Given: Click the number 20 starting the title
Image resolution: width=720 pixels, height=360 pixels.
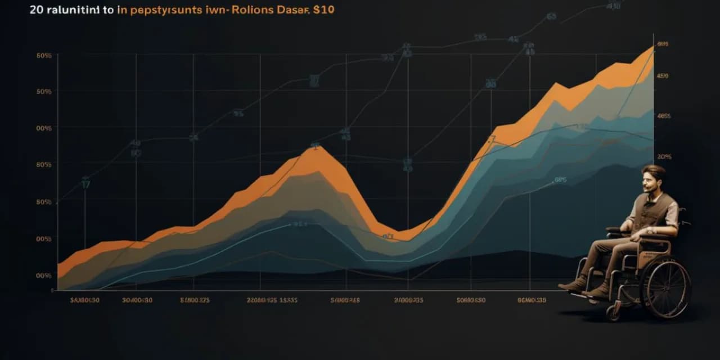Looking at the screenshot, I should point(35,11).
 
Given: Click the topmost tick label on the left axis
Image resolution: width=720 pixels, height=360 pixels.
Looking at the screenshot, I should point(43,55).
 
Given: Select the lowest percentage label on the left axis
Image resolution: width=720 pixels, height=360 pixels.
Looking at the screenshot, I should point(43,276).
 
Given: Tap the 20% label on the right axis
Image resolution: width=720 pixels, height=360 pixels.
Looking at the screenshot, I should point(664,157).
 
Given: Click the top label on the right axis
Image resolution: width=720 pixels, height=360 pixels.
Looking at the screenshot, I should point(662,43).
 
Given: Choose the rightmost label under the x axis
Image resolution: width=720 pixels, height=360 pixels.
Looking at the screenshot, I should point(531,300).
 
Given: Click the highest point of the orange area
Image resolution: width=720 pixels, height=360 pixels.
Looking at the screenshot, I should point(651,48).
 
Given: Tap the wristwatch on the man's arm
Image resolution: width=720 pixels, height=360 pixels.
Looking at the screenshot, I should point(650,229).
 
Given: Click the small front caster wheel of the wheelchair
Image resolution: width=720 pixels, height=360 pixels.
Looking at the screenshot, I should point(612,312).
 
